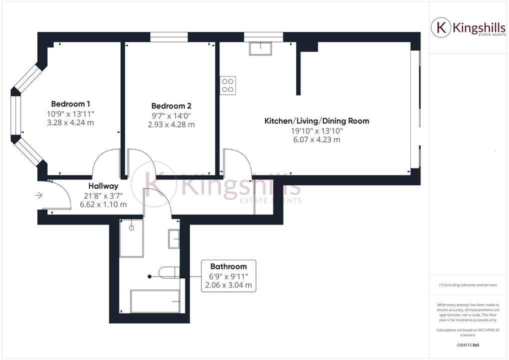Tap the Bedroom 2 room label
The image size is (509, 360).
pyautogui.click(x=171, y=106)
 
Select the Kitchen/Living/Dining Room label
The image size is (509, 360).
pyautogui.click(x=316, y=121)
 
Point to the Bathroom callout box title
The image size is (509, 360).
pyautogui.click(x=228, y=266)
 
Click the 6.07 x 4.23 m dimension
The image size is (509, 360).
pyautogui.click(x=316, y=140)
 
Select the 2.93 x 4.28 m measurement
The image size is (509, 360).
pyautogui.click(x=171, y=124)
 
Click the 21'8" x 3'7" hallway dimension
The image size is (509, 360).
pyautogui.click(x=103, y=195)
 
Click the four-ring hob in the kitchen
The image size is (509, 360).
pyautogui.click(x=228, y=85)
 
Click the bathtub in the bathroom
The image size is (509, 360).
pyautogui.click(x=155, y=301)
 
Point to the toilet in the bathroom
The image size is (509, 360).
pyautogui.click(x=169, y=272)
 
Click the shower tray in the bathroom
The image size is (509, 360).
pyautogui.click(x=131, y=238)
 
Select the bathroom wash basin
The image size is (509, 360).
pyautogui.click(x=174, y=238)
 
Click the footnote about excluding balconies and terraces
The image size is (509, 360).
pyautogui.click(x=468, y=285)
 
